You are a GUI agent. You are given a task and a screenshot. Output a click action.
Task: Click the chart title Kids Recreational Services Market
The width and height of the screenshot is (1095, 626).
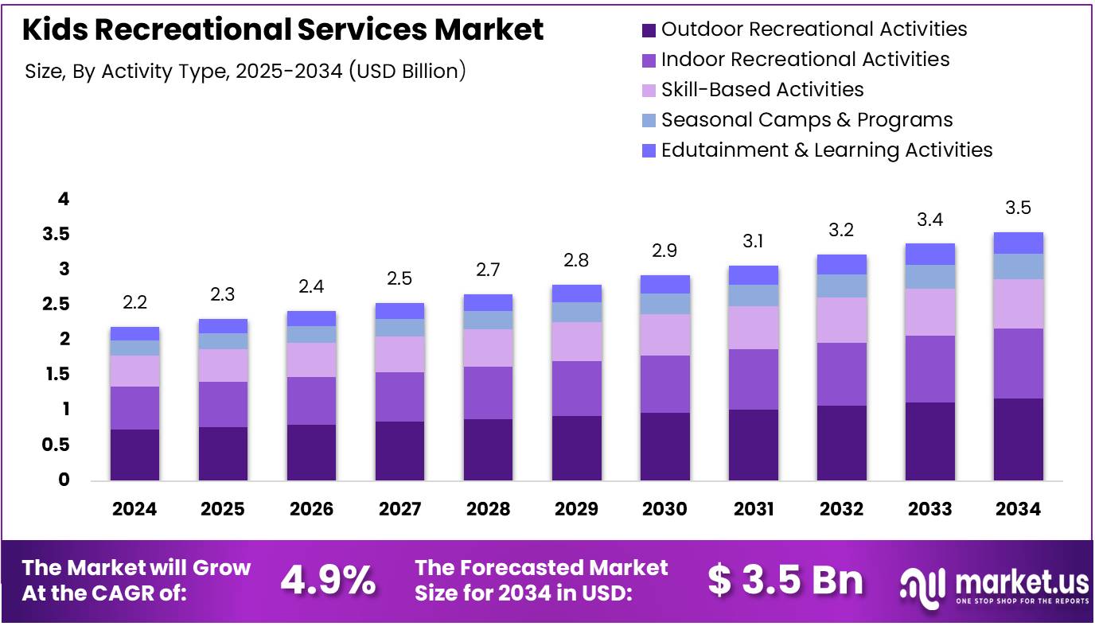pos(283,29)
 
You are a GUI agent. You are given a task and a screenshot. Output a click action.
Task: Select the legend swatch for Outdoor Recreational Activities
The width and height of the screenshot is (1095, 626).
pos(649,30)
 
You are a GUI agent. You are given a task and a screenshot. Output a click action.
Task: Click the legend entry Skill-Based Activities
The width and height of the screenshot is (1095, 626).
pos(762,90)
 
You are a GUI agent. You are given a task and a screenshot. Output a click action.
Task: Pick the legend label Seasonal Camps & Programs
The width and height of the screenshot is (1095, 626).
pos(806,120)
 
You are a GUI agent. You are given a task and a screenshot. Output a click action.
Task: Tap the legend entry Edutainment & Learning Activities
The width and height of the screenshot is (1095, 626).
pos(826,150)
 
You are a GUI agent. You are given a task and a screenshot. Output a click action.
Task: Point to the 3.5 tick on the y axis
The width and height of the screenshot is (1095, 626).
pos(57,235)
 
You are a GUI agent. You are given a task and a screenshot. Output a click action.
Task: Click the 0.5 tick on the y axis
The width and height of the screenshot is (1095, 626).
pos(57,445)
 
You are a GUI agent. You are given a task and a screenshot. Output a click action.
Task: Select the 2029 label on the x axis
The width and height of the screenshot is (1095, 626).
pos(576,509)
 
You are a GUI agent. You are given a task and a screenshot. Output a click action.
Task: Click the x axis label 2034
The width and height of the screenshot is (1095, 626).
pos(1018,509)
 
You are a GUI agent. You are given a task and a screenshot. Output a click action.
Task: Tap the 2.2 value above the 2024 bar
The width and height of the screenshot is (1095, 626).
pos(134,303)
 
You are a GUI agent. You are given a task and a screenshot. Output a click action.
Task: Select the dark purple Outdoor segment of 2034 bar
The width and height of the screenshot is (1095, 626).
pos(1018,439)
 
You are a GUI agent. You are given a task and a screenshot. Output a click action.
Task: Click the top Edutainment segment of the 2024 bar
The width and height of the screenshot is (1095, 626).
pos(134,333)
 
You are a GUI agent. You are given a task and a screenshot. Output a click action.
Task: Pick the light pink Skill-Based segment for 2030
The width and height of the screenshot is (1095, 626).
pos(664,335)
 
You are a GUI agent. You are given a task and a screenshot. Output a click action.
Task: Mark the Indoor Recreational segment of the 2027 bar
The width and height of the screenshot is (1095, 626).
pos(399,397)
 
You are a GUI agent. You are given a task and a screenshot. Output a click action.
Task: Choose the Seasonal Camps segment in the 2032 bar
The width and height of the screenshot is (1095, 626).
pos(841,286)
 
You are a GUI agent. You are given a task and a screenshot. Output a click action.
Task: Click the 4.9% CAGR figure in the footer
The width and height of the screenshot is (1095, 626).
pos(328,581)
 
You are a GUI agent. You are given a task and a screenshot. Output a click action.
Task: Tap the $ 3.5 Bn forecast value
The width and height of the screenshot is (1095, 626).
pos(785,581)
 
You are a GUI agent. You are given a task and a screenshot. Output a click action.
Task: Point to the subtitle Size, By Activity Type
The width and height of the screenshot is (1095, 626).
pos(245,71)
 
